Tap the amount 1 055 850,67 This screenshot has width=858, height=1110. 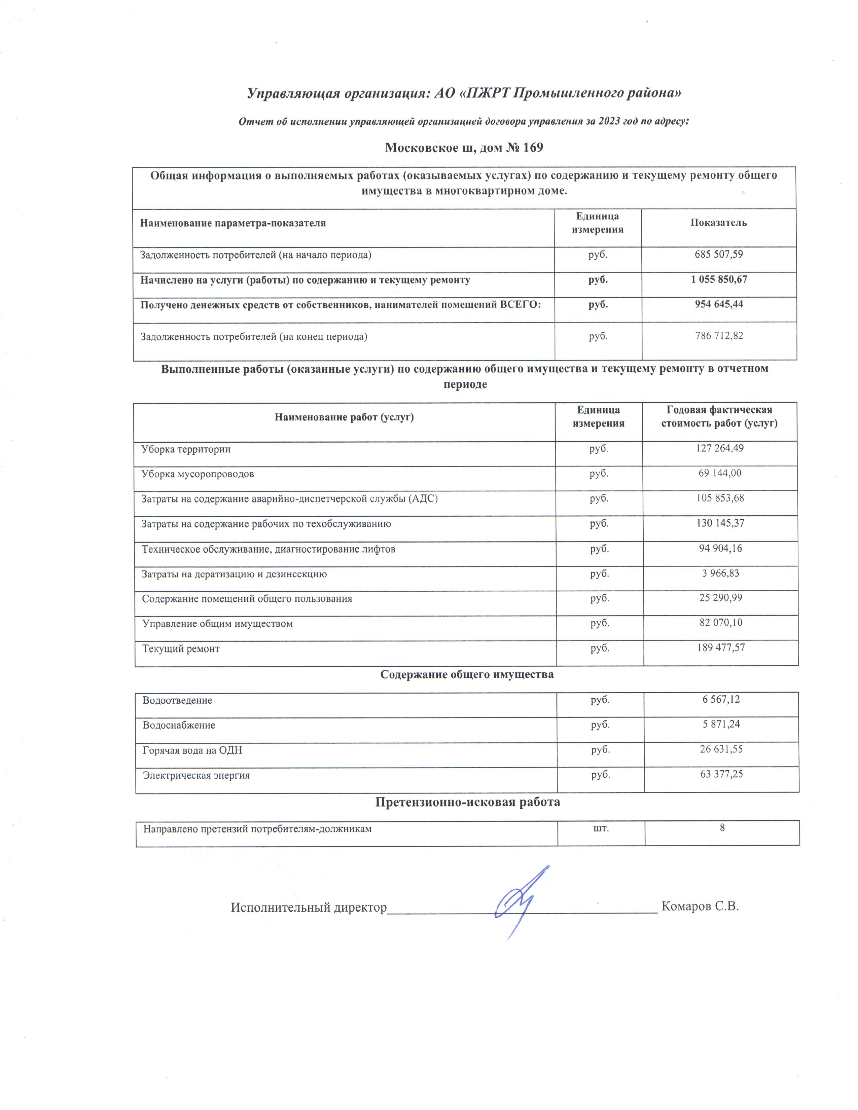[x=719, y=279]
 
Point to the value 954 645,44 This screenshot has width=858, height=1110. [x=719, y=304]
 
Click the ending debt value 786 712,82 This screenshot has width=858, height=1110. [x=719, y=335]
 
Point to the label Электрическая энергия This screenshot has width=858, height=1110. [x=196, y=776]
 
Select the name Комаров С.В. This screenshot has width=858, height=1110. [x=700, y=906]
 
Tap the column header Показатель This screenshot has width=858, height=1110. [x=718, y=223]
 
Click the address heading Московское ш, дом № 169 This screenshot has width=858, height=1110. [x=464, y=148]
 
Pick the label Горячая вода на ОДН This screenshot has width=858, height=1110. [x=192, y=750]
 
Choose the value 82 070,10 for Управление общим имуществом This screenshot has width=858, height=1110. [x=721, y=623]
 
